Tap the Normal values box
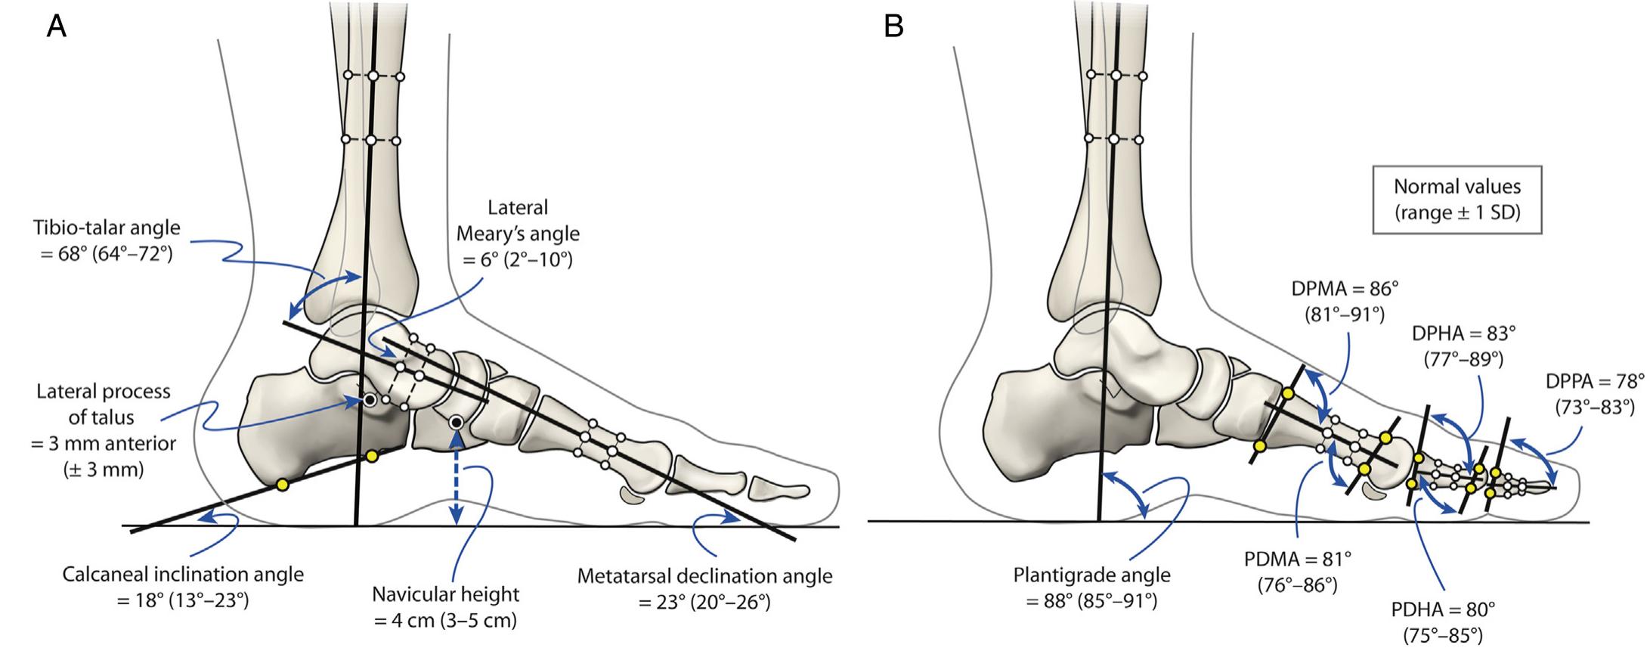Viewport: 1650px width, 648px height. [1457, 199]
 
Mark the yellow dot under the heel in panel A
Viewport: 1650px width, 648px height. [282, 485]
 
